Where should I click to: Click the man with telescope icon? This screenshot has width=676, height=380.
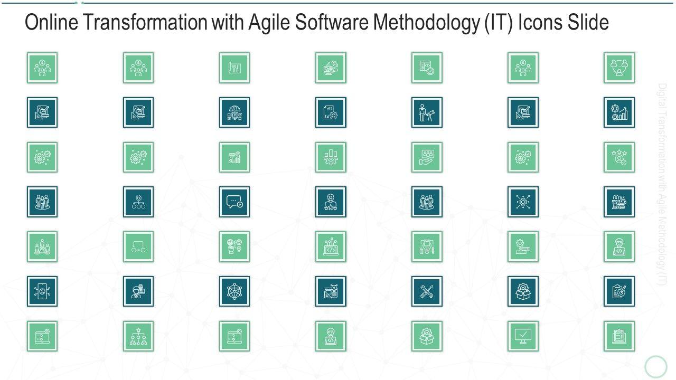(427, 112)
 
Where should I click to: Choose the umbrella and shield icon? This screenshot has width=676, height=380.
(234, 112)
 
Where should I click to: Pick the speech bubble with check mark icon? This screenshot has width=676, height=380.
(234, 202)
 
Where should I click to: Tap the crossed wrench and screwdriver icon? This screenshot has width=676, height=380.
(427, 291)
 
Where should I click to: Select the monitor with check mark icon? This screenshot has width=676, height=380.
(523, 336)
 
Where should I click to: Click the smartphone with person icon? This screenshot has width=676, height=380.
(42, 291)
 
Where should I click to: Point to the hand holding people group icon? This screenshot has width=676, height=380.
(427, 157)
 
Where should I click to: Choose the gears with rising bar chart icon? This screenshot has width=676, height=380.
(619, 112)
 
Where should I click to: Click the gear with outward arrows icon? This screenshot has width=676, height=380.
(523, 202)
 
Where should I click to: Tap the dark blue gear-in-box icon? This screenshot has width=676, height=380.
(523, 291)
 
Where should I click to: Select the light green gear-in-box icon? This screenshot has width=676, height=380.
(427, 336)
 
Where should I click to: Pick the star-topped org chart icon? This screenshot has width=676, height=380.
(138, 336)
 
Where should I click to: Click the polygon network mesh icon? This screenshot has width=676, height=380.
(234, 291)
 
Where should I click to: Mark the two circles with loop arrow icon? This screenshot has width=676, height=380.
(138, 246)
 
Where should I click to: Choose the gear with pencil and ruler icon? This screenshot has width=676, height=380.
(523, 246)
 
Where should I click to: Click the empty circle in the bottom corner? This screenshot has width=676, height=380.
(656, 366)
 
